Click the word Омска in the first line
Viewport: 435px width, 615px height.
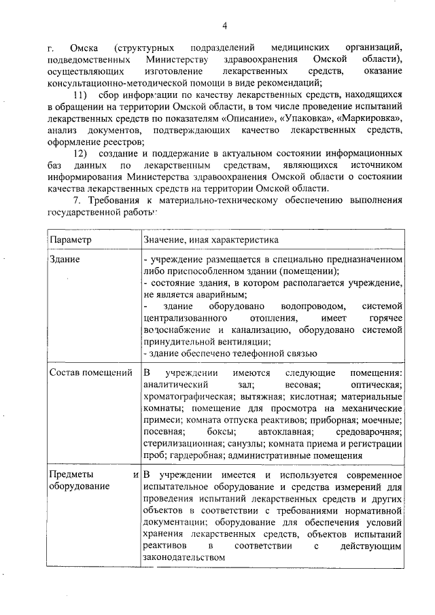pos(84,49)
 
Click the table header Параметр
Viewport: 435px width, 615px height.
pos(71,240)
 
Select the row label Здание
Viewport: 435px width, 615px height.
pos(65,260)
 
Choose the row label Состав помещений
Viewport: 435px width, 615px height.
pos(91,372)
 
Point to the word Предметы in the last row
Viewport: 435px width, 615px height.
pos(72,474)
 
